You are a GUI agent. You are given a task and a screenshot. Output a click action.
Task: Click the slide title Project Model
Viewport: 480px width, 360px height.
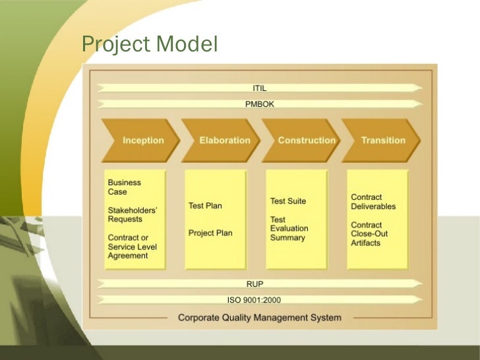pos(149,44)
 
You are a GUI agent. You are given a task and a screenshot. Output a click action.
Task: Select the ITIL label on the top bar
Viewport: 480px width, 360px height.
pos(260,88)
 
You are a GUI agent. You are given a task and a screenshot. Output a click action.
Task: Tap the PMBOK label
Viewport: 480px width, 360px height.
pos(260,104)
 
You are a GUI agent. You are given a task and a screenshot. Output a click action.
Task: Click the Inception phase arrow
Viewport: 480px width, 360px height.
pos(142,140)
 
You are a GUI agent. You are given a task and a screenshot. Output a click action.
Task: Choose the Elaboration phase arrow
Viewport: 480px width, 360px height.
pos(224,140)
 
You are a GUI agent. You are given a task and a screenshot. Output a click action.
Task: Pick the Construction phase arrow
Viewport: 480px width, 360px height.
pos(306,140)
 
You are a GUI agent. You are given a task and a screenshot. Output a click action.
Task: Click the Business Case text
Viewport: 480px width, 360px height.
pos(125,187)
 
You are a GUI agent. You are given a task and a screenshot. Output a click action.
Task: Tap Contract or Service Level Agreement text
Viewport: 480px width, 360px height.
pos(133,247)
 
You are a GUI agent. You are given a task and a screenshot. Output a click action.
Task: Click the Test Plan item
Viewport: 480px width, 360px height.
pos(205,206)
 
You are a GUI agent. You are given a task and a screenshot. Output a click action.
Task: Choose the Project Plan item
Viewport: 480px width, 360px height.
pos(210,233)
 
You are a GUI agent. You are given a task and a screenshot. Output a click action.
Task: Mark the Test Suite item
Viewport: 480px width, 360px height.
pos(288,201)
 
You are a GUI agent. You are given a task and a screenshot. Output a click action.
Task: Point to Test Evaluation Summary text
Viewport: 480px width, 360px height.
pos(289,229)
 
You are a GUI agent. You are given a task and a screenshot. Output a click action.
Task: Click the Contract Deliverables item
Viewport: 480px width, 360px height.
pos(373,202)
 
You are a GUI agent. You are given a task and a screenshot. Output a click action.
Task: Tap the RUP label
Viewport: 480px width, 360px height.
pos(255,284)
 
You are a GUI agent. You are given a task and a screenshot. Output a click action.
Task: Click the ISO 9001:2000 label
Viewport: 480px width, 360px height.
pos(254,300)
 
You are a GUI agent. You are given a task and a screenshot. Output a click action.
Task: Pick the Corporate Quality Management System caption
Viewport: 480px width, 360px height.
pos(260,318)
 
